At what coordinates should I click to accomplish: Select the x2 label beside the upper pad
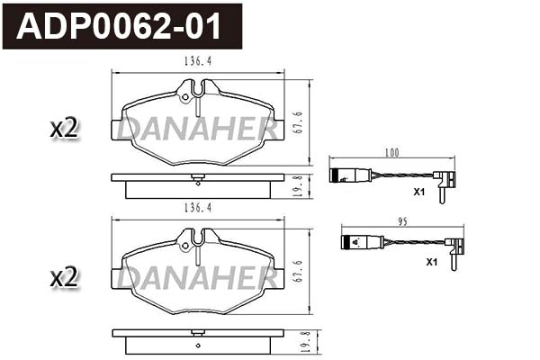pyautogui.click(x=65, y=128)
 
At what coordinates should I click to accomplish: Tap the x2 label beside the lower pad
pyautogui.click(x=65, y=278)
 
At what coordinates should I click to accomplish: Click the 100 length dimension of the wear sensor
pyautogui.click(x=391, y=154)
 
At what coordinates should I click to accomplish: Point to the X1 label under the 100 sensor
pyautogui.click(x=418, y=193)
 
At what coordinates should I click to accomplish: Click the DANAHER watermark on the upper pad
pyautogui.click(x=197, y=130)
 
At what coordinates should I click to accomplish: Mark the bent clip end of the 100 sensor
pyautogui.click(x=443, y=184)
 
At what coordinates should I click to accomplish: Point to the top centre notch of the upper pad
pyautogui.click(x=197, y=88)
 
